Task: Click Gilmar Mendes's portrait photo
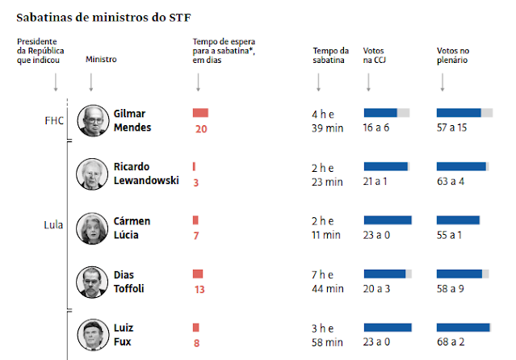point(93,121)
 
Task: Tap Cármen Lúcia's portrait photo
point(93,228)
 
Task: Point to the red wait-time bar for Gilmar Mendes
point(200,114)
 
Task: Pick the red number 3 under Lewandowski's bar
point(195,182)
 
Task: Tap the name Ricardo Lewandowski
point(146,174)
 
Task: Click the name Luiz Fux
point(124,335)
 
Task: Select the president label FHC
point(54,120)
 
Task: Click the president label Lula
point(53,225)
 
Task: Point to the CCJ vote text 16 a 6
point(378,128)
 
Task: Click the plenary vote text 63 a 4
point(451,182)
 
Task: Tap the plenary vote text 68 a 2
point(451,343)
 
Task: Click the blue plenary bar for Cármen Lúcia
point(464,220)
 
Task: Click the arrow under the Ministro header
point(91,82)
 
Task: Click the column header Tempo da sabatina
point(330,55)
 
